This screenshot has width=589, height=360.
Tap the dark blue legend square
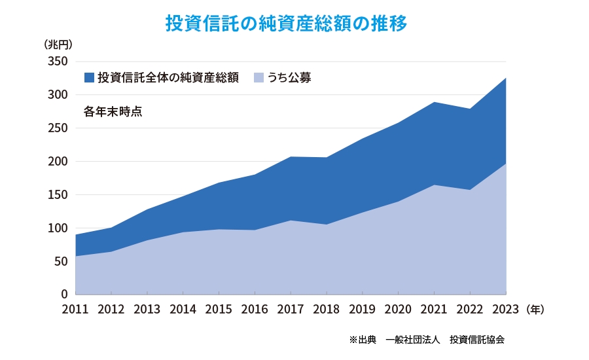click(x=90, y=77)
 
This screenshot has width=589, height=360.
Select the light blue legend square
click(x=259, y=77)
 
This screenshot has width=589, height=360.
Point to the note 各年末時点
click(x=113, y=111)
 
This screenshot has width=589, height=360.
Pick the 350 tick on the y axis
click(x=58, y=62)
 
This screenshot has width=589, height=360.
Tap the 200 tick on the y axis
click(x=58, y=162)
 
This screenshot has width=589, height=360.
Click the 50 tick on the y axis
click(x=62, y=262)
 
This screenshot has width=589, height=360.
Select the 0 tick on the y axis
click(x=65, y=295)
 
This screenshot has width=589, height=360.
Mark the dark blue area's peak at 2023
click(x=505, y=79)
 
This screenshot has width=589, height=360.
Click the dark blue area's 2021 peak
click(x=434, y=103)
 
